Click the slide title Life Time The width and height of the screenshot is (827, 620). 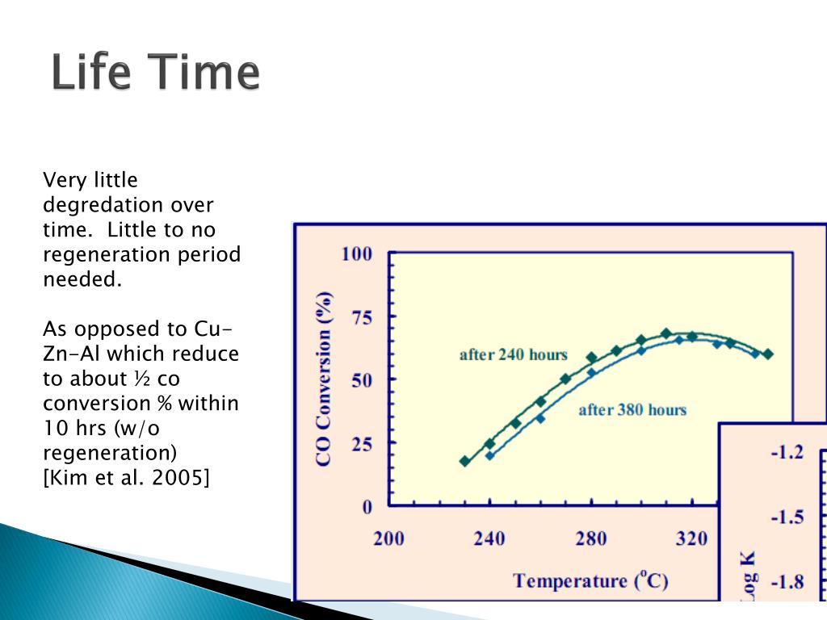coord(156,72)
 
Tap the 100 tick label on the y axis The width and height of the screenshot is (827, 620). coord(356,254)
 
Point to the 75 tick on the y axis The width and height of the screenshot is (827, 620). coord(361,318)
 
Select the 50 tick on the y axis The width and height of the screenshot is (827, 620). coord(361,380)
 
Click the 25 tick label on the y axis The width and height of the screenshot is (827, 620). coord(361,445)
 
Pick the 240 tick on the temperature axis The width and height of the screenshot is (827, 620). coord(489,538)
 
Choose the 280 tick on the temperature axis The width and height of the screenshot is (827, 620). coord(590,538)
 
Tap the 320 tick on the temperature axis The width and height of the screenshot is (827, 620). coord(691,538)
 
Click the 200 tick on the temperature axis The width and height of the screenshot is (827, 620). coord(388,538)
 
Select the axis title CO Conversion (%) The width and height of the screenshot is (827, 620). coord(324,379)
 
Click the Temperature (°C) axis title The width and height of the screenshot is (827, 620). coord(590,580)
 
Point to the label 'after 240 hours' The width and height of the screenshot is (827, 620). coord(513,355)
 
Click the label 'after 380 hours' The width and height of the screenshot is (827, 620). coord(632,410)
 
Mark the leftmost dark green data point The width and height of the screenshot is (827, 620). coord(464,461)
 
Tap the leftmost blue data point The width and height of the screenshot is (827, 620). coord(490,455)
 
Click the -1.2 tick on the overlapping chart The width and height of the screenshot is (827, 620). coord(787,452)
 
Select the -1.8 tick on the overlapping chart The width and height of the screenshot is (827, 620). coord(787,582)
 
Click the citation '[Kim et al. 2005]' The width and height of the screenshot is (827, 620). coord(126,477)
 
